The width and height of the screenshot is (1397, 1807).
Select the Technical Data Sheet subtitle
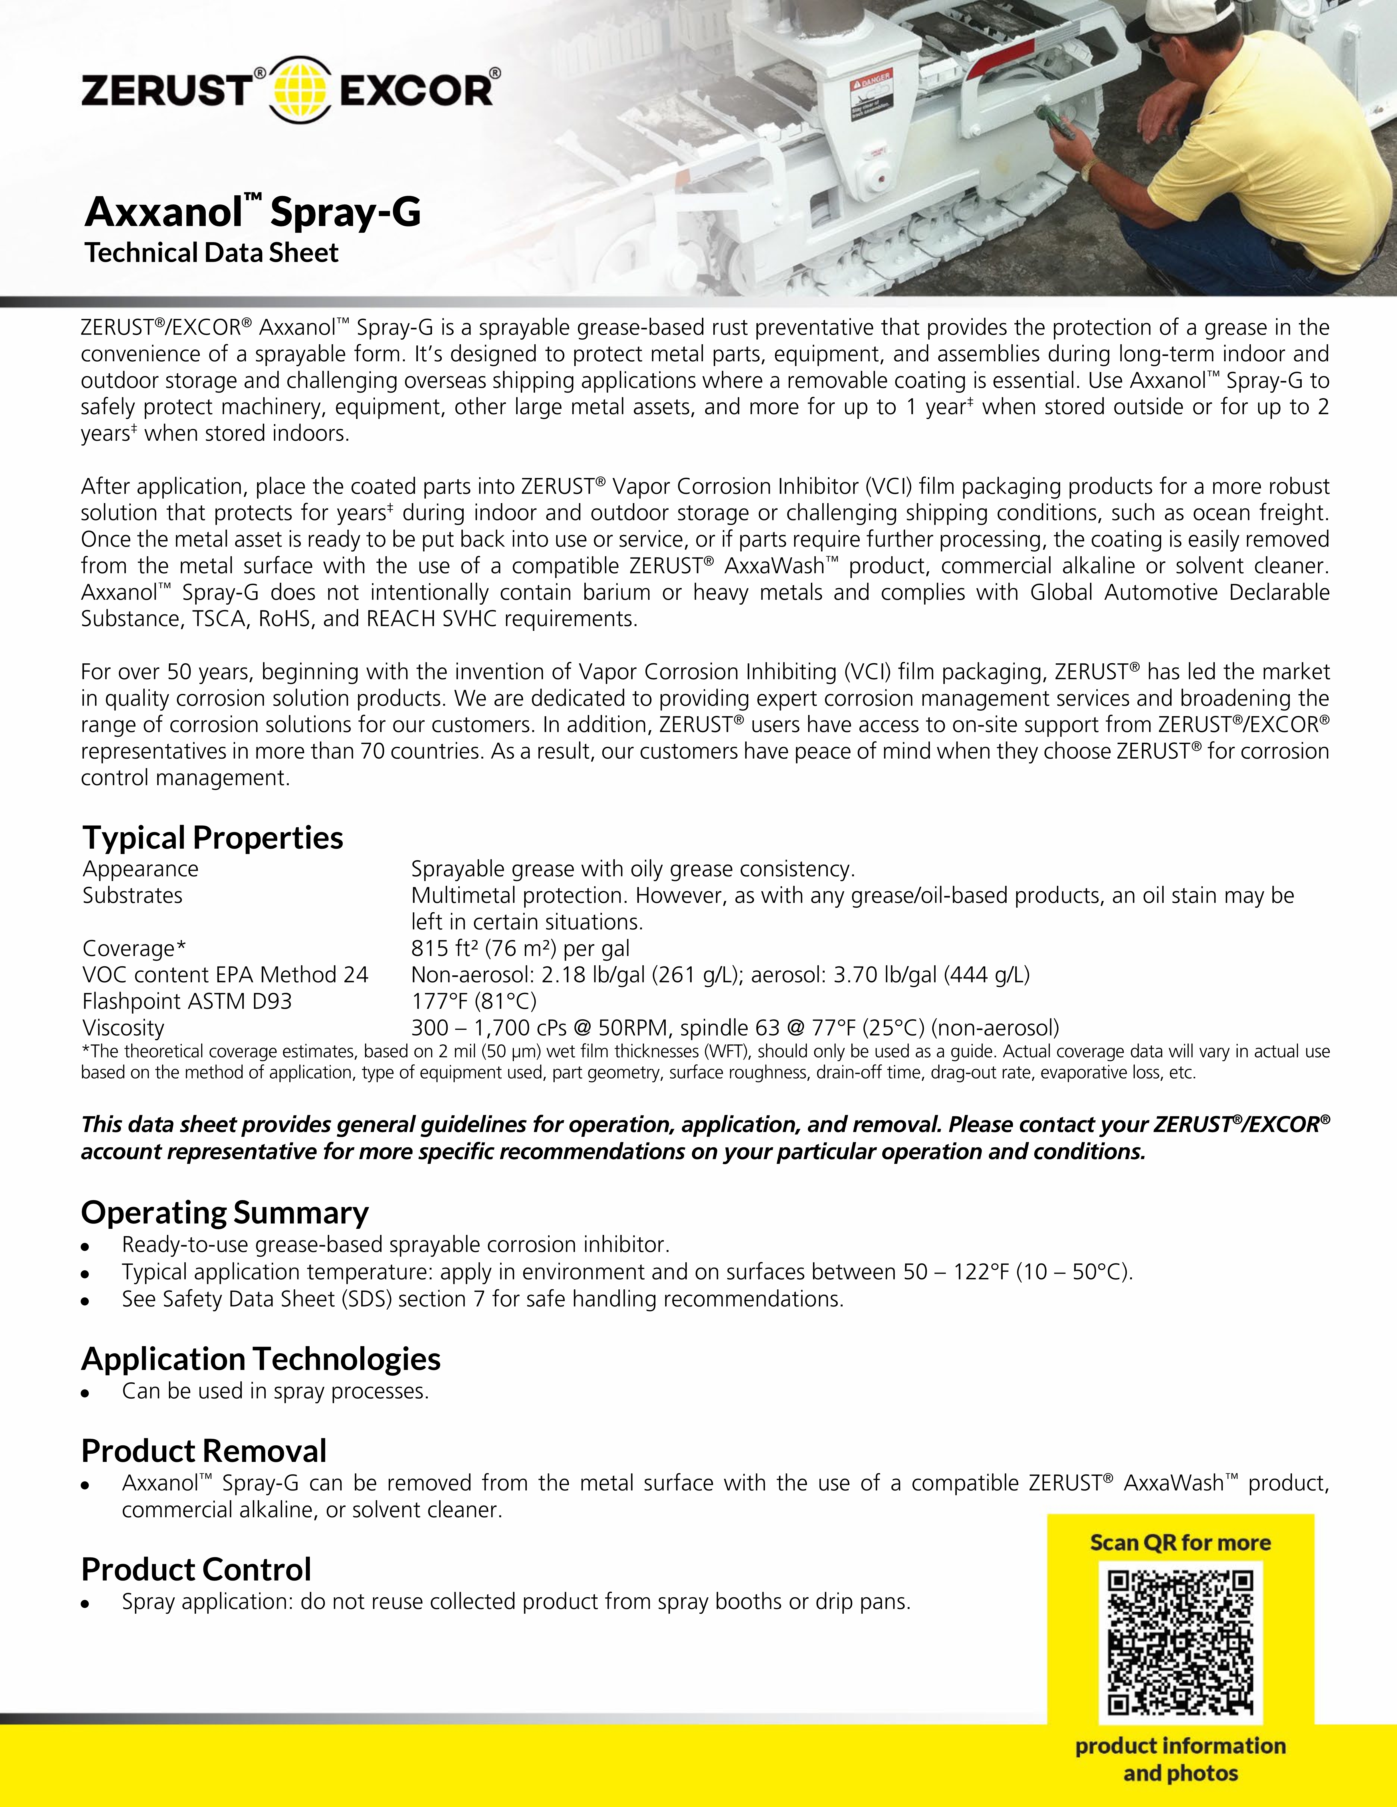tap(212, 253)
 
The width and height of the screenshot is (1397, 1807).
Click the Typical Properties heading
tap(213, 837)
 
